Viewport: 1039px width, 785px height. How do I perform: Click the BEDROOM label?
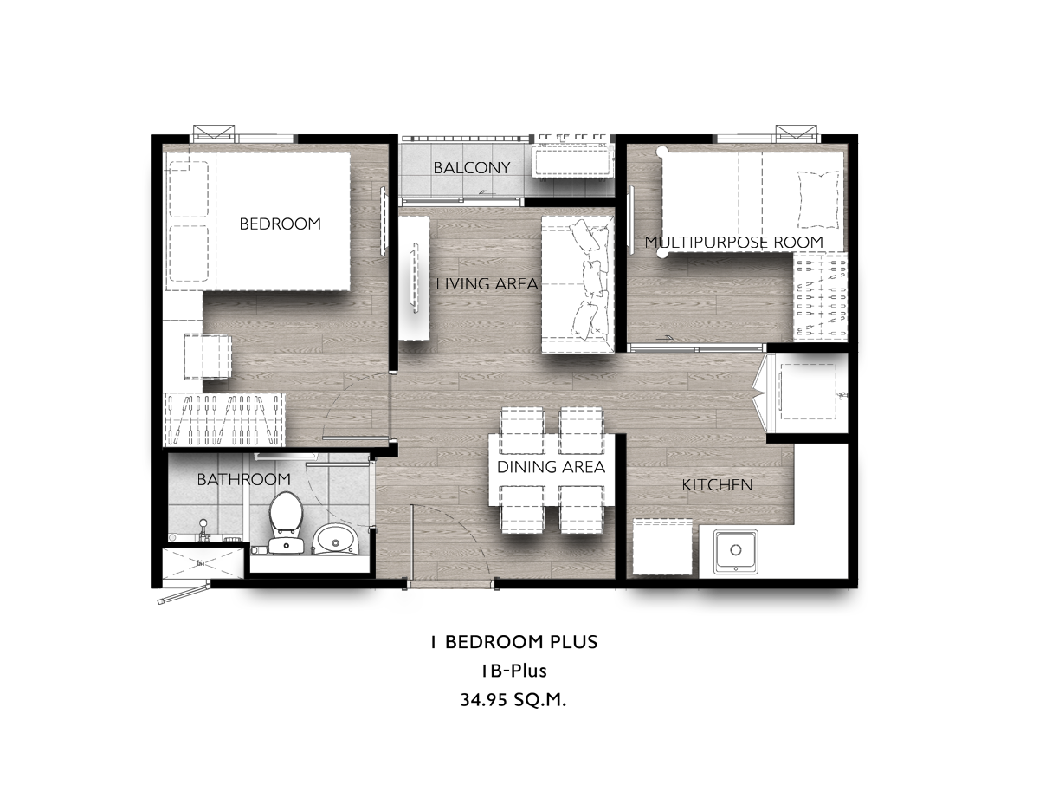pos(280,224)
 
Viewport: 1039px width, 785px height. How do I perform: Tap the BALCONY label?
pos(472,167)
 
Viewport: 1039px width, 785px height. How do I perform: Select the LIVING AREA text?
pos(487,283)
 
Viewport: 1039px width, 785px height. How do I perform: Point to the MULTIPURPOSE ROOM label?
pos(733,242)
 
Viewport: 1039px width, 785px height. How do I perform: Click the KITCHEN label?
pos(717,484)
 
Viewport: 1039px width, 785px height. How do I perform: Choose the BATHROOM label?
pos(244,479)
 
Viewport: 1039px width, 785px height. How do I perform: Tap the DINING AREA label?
pos(551,467)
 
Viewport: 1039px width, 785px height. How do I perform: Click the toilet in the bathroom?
pos(286,522)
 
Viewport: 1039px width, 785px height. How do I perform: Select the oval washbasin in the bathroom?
pos(336,539)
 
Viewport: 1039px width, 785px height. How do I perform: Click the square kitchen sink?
pos(736,551)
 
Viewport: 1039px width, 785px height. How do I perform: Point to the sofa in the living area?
pos(578,284)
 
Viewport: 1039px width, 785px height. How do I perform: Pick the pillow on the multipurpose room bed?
pos(818,199)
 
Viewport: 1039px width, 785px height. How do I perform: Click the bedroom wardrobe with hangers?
pos(224,419)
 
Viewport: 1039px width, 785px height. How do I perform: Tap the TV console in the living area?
pos(414,278)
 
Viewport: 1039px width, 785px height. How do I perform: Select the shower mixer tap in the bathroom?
pos(204,530)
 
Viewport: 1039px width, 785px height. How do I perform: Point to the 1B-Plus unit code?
pos(514,671)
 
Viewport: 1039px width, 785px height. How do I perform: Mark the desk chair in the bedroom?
pos(208,356)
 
